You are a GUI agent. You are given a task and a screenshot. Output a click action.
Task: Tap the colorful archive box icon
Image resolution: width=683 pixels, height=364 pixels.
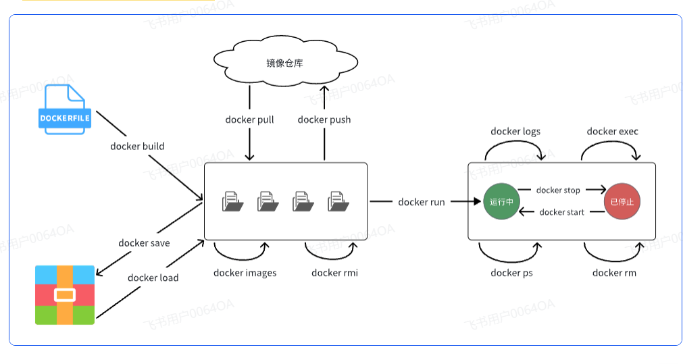click(65, 295)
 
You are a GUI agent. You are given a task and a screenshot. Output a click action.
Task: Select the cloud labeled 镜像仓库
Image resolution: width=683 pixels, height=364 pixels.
click(284, 62)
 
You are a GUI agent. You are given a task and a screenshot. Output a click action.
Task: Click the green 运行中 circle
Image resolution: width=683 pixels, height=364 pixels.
click(501, 201)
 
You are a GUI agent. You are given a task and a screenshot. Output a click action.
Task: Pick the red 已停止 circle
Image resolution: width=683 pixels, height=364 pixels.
click(622, 201)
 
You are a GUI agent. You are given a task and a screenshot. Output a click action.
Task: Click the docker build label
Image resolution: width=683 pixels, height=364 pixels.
click(137, 146)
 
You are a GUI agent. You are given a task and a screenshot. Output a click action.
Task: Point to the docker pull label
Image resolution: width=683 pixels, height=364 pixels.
click(249, 120)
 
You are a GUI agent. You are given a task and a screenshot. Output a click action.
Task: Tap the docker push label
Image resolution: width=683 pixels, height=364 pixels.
click(324, 120)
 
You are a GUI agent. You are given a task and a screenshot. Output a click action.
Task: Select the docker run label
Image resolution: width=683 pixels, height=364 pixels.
click(422, 202)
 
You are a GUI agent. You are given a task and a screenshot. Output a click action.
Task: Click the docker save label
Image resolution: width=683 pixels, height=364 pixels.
click(144, 243)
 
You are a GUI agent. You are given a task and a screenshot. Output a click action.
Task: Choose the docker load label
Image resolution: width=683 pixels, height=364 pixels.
click(153, 278)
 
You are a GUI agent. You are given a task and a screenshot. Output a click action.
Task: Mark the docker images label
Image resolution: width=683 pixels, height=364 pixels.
click(245, 273)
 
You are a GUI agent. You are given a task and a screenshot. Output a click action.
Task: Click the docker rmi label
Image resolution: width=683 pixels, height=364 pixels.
click(334, 273)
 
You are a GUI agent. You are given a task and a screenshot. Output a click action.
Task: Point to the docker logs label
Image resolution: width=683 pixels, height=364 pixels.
click(515, 132)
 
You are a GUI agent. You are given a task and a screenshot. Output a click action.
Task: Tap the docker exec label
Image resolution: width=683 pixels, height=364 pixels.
click(612, 132)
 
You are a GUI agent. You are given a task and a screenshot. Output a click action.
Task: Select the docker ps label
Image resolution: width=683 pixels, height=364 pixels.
click(511, 273)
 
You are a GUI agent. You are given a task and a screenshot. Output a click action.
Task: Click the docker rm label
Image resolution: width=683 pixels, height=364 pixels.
click(614, 273)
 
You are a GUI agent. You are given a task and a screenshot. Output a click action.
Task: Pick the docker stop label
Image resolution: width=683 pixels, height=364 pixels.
click(558, 190)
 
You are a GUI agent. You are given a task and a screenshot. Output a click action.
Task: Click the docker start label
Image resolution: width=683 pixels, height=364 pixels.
click(562, 212)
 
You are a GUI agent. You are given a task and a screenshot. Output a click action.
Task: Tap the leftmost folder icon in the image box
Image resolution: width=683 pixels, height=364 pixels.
click(232, 201)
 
